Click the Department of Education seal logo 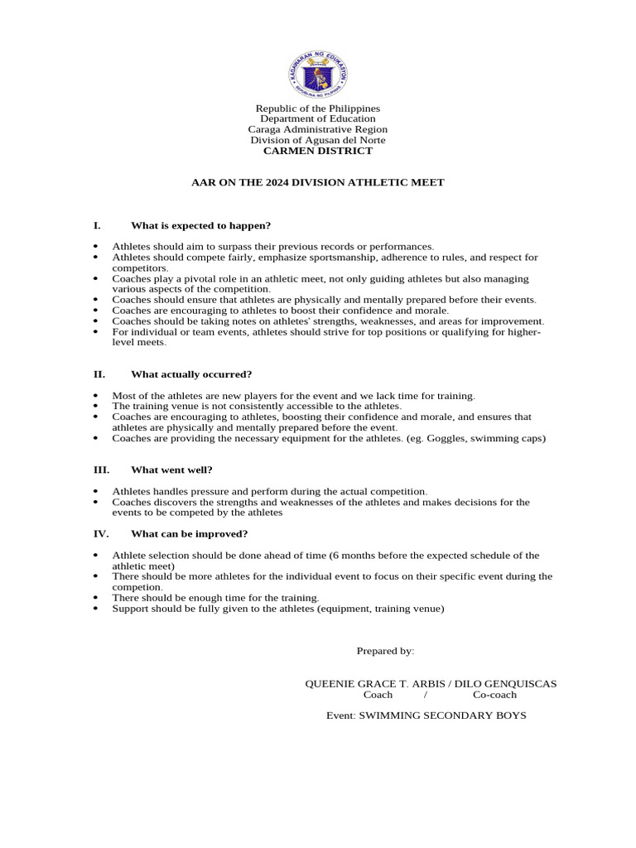click(x=318, y=76)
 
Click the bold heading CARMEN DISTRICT click(x=318, y=151)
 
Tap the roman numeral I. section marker click(x=97, y=225)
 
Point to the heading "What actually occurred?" click(x=191, y=374)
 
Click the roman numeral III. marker click(x=101, y=470)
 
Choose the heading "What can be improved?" click(x=189, y=533)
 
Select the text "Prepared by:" click(x=385, y=651)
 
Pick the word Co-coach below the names click(x=494, y=695)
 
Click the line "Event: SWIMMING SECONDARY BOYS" click(x=426, y=715)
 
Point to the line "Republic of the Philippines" click(x=318, y=108)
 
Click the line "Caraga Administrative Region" click(x=318, y=129)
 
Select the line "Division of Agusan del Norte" click(x=318, y=140)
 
